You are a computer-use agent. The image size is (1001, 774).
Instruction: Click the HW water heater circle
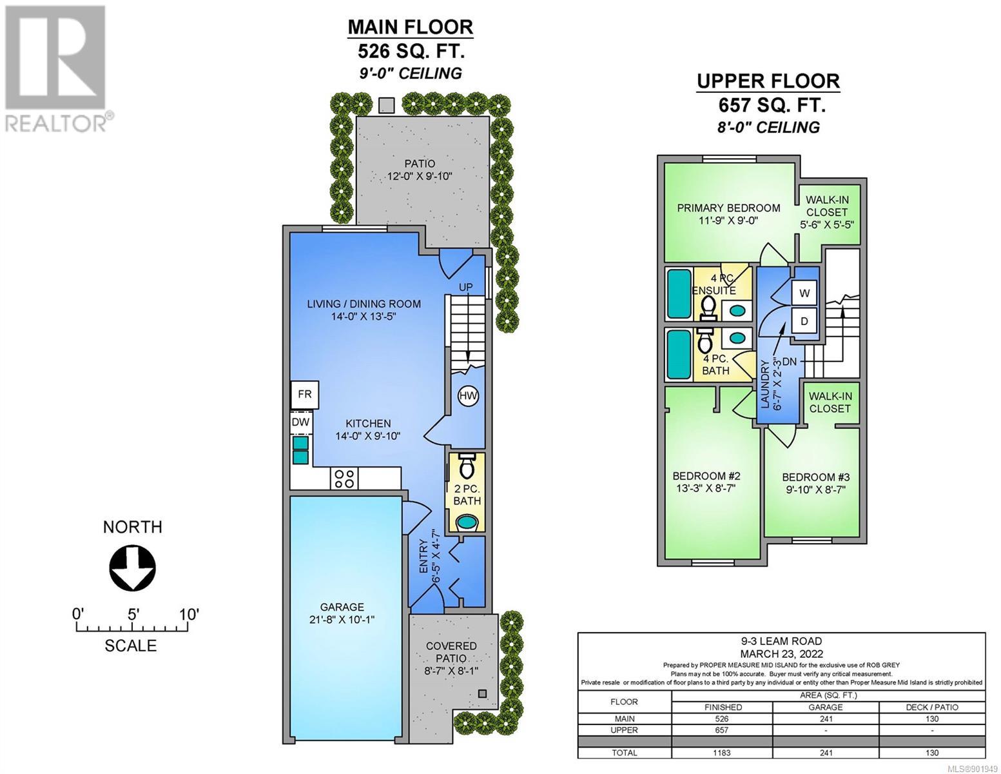point(468,396)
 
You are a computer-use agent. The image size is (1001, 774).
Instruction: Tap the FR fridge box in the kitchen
point(304,395)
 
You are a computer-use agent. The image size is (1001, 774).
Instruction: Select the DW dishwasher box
point(301,422)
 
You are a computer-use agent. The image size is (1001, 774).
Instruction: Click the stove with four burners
point(344,479)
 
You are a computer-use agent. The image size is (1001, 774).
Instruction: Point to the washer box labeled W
point(804,293)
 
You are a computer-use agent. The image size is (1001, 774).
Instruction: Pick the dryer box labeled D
point(804,321)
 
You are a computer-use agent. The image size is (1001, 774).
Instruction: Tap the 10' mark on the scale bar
point(188,615)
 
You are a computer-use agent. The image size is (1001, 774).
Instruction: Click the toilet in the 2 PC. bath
point(467,466)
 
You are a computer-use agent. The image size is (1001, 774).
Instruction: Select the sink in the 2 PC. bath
point(467,522)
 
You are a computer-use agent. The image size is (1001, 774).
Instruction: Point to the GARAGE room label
point(342,607)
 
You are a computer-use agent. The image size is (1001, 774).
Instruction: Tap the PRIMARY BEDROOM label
point(728,208)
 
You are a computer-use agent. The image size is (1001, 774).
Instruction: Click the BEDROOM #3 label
point(816,477)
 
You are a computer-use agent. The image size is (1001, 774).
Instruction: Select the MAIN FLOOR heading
point(410,27)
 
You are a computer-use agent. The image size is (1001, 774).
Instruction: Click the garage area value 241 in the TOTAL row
point(826,753)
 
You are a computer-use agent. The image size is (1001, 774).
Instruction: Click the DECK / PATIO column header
point(931,707)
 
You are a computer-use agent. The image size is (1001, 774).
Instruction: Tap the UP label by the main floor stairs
point(466,287)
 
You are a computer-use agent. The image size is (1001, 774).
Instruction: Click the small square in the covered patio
point(482,693)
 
